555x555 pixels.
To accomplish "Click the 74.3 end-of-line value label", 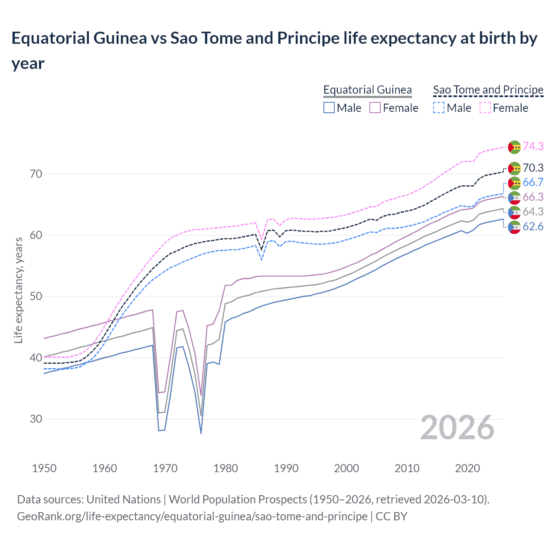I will (x=533, y=146).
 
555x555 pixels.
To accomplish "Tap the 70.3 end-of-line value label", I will (x=533, y=168).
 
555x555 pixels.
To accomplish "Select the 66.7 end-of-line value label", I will (x=533, y=182).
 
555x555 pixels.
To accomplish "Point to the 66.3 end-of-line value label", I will (x=533, y=197).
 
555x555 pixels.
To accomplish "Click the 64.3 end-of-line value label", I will (x=533, y=212).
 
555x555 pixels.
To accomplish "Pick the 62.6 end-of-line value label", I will (x=533, y=226).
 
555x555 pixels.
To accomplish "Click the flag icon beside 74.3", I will (x=514, y=147).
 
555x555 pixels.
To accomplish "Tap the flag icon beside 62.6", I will (x=514, y=227).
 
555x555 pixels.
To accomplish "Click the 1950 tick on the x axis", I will (x=44, y=468).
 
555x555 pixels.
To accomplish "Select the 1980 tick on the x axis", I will (x=225, y=468).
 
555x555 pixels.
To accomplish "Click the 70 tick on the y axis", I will (x=36, y=174).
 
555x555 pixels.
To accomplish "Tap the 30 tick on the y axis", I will (x=36, y=419).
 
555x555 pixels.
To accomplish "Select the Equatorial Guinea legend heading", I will (x=367, y=90).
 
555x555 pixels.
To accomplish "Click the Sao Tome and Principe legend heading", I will (x=488, y=90).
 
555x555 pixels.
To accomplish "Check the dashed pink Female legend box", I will (x=485, y=108).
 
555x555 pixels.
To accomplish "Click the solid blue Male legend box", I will (x=329, y=108).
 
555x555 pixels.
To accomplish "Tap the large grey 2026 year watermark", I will (x=457, y=428).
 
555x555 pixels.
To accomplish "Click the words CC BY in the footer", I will (x=391, y=516).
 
